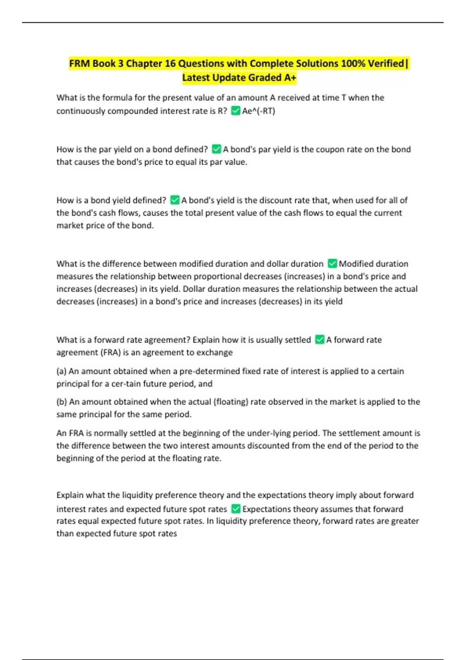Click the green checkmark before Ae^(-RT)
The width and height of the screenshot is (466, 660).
click(235, 111)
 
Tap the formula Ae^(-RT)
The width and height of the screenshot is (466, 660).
click(259, 111)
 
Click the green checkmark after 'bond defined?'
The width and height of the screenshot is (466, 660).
click(216, 149)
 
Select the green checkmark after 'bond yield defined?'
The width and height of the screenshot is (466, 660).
click(175, 200)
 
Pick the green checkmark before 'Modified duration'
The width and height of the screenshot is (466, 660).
click(332, 264)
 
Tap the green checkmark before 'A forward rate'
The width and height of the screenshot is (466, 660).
click(320, 340)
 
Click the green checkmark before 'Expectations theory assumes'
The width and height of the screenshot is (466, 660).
click(236, 509)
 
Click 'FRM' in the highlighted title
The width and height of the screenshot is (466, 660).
click(80, 63)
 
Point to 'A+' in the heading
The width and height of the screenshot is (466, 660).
click(290, 78)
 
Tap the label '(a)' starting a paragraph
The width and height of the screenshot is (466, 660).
click(61, 371)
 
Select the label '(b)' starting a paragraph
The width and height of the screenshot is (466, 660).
click(62, 402)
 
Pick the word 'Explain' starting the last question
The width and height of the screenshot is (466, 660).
click(70, 495)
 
